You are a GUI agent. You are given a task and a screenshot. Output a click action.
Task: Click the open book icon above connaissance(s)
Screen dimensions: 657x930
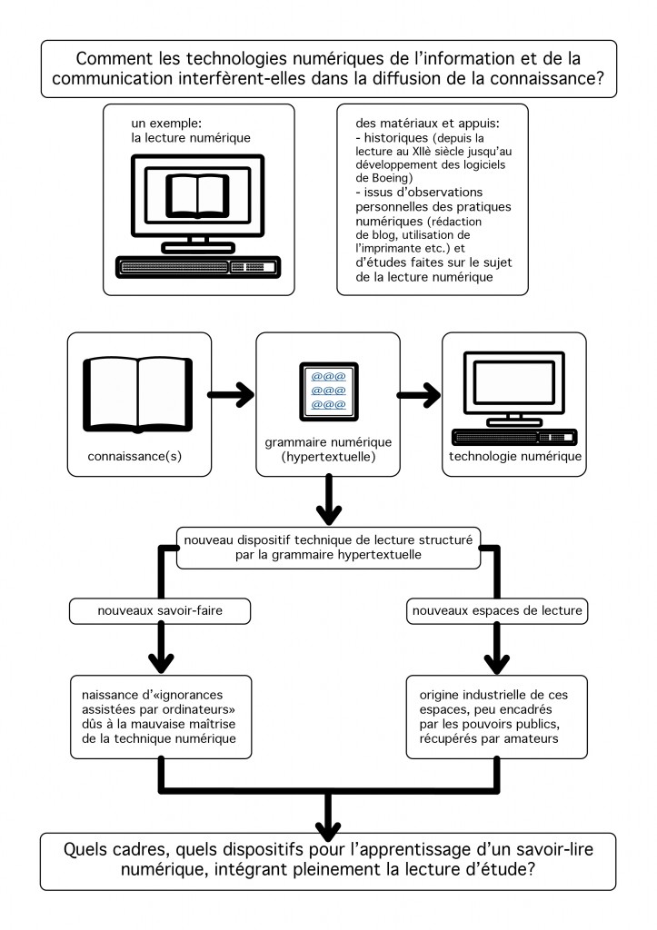138,394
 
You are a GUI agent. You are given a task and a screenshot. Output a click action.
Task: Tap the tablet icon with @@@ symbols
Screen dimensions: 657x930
329,391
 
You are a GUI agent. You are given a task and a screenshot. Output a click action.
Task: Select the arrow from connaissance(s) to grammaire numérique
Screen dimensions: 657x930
231,394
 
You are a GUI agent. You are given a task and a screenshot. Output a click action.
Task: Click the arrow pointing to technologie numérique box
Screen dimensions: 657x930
419,395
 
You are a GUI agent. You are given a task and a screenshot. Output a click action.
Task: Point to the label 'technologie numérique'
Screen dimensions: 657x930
515,456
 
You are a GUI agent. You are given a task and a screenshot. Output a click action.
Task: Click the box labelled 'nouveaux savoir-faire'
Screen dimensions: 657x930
160,611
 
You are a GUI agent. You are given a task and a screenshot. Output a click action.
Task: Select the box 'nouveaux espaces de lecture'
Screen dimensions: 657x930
497,611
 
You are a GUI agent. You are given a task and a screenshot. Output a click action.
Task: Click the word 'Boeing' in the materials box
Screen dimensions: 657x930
390,178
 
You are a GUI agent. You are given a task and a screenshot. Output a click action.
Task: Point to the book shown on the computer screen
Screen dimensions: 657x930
197,195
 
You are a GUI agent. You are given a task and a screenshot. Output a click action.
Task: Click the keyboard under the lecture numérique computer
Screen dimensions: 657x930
198,267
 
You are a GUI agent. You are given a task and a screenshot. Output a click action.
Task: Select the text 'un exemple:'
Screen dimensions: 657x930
167,124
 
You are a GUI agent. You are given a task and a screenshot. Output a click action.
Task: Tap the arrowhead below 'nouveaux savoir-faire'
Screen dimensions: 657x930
161,662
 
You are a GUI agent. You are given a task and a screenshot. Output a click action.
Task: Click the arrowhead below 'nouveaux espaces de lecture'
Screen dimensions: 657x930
497,662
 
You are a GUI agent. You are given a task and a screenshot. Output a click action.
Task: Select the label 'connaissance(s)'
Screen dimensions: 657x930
134,456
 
